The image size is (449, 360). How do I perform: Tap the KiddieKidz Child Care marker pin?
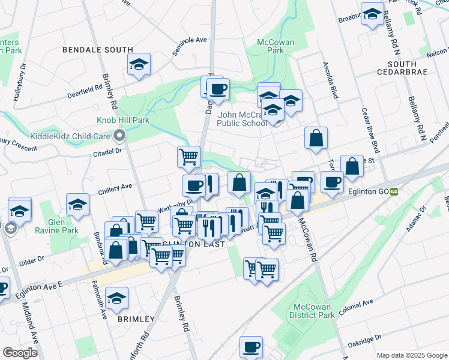point(120,136)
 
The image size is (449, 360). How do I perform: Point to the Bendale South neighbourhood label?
point(98,50)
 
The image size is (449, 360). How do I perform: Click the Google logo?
point(20,352)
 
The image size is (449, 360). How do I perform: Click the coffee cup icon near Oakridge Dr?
point(251,346)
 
